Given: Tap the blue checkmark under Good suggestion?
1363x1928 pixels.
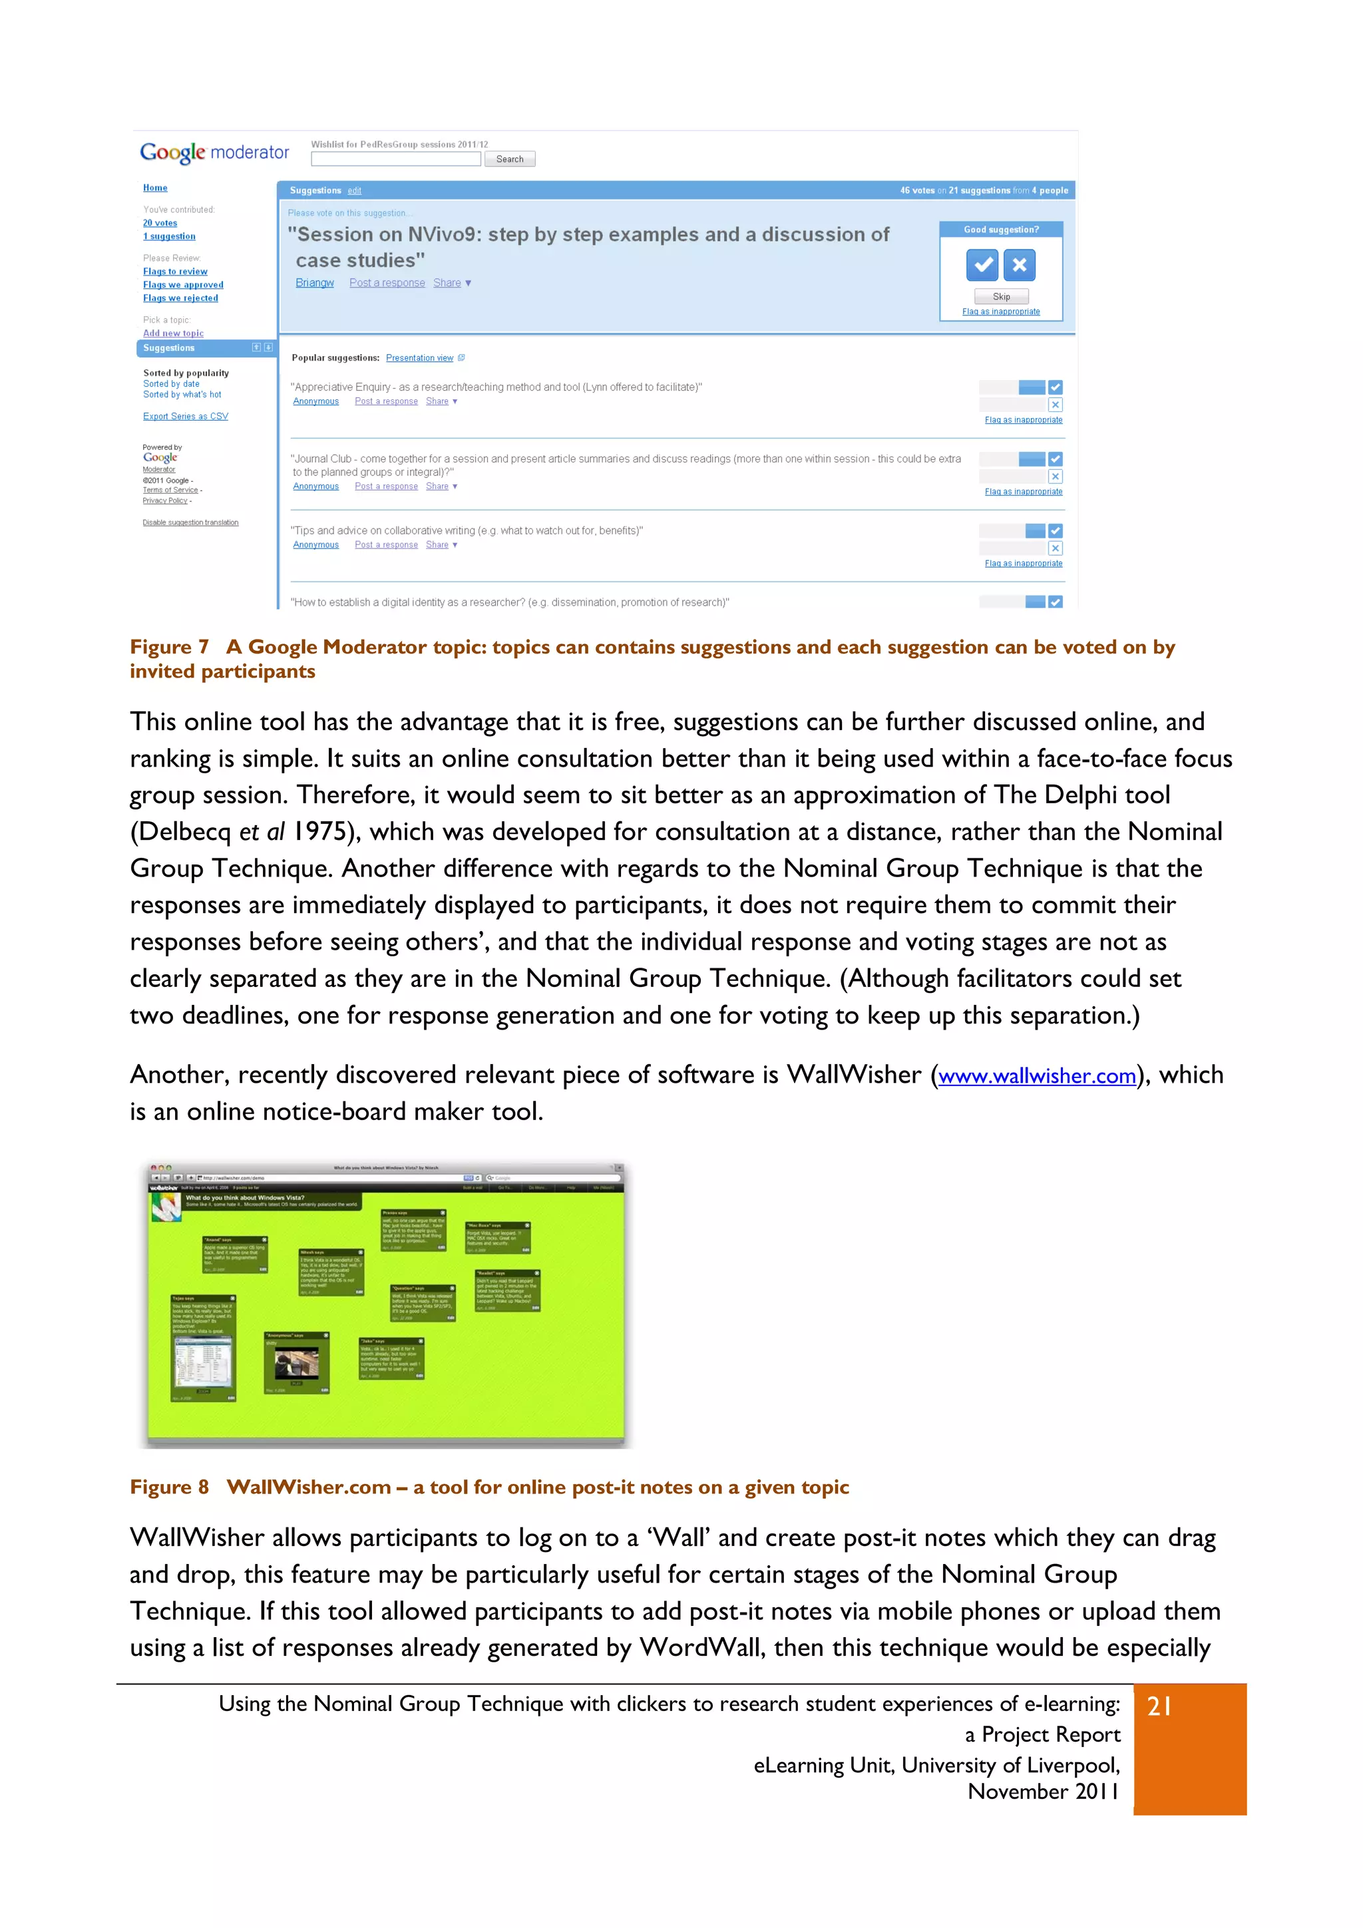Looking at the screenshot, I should pos(982,266).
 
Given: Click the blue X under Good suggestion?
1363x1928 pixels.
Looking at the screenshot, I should pos(1019,266).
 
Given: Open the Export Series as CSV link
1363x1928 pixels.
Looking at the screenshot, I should pos(185,417).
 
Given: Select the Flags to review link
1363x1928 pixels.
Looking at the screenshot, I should pos(174,272).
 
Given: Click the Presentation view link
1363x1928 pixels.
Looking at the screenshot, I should pos(419,358).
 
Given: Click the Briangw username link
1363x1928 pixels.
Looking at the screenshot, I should pos(314,283).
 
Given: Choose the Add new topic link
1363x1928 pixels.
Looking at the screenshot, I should pos(173,333).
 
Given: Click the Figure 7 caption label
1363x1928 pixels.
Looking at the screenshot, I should pos(169,648).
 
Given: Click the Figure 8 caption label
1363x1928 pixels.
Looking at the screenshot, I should pos(169,1487).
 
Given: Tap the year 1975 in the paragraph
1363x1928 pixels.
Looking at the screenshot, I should pos(320,832).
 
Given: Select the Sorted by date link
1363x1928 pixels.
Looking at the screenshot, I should pos(170,384).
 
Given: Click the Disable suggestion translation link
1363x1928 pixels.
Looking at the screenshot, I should pos(190,522).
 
